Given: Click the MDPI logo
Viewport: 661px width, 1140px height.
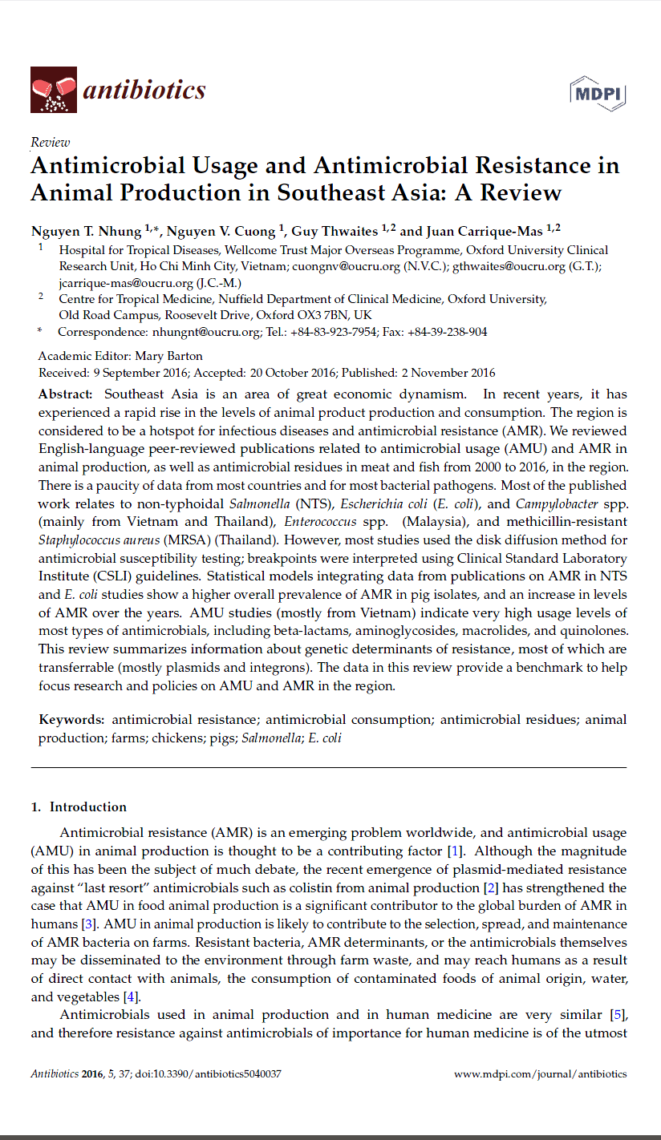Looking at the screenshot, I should coord(598,92).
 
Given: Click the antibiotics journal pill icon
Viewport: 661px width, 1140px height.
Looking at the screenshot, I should coord(53,89).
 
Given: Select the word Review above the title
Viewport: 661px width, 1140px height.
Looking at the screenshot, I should coord(50,142).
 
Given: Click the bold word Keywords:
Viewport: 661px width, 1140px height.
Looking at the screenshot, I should coord(71,720).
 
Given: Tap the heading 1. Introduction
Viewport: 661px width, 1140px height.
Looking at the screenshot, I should coord(79,807).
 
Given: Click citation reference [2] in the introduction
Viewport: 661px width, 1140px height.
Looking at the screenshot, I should coord(491,888).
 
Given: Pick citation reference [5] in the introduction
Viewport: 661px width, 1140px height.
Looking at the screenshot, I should coord(618,1015).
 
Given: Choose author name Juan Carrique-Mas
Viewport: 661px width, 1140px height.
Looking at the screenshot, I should coord(485,232).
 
